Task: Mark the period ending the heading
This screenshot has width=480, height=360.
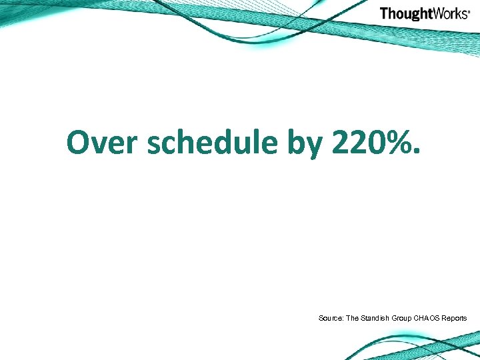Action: click(x=417, y=153)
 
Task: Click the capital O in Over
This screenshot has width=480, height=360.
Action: click(x=78, y=142)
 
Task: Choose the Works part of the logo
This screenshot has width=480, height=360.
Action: click(x=449, y=13)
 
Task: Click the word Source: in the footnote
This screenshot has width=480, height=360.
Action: click(x=330, y=319)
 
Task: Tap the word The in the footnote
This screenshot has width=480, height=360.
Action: click(x=353, y=319)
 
